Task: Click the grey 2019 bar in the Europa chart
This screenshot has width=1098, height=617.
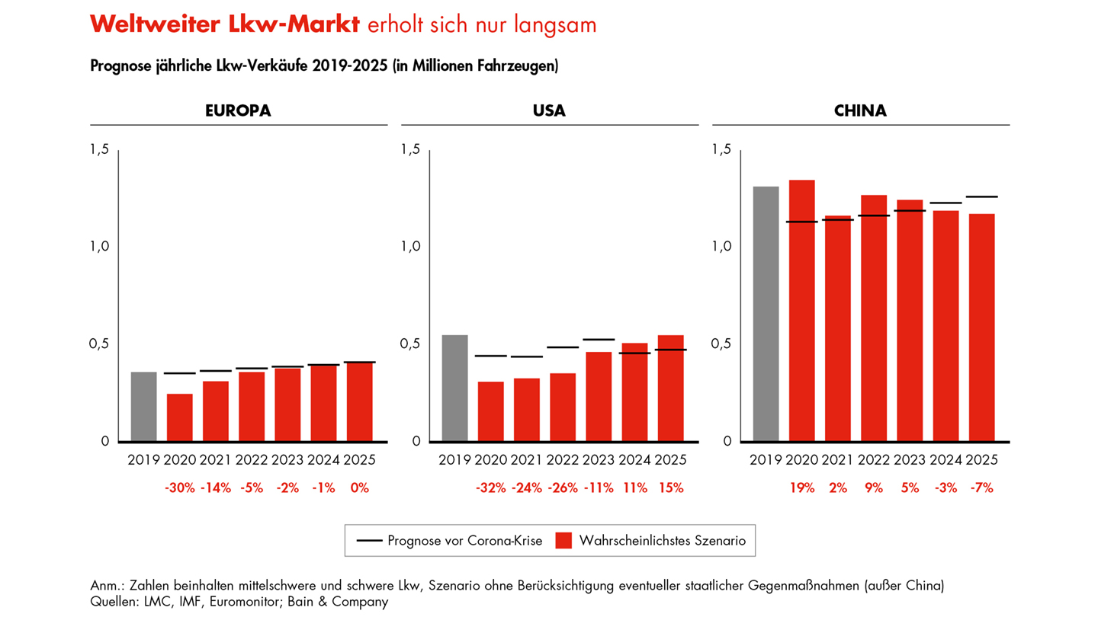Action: pos(143,407)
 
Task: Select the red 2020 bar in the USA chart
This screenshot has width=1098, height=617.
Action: pos(490,411)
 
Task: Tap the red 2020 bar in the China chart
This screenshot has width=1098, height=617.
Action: pos(801,311)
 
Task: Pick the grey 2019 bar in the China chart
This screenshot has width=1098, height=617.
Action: pos(766,314)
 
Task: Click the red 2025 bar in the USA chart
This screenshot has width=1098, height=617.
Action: pos(670,388)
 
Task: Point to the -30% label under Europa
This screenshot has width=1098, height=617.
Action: pos(180,488)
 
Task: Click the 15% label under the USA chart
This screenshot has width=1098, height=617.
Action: pos(670,488)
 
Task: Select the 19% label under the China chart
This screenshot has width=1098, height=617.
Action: pos(801,488)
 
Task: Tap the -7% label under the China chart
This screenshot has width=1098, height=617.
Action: pos(981,488)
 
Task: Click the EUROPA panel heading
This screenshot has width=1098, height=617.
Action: pos(238,111)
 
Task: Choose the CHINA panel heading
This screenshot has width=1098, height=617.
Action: pos(861,111)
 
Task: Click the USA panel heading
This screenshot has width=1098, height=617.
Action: pos(549,111)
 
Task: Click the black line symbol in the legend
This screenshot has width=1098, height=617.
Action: pos(369,541)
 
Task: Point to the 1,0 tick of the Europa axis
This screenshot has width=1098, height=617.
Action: pos(100,247)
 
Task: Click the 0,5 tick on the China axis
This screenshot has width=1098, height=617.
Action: pos(722,344)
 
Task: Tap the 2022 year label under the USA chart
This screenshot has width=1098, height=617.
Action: pos(563,460)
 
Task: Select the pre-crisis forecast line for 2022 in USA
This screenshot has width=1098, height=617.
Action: pos(563,347)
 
